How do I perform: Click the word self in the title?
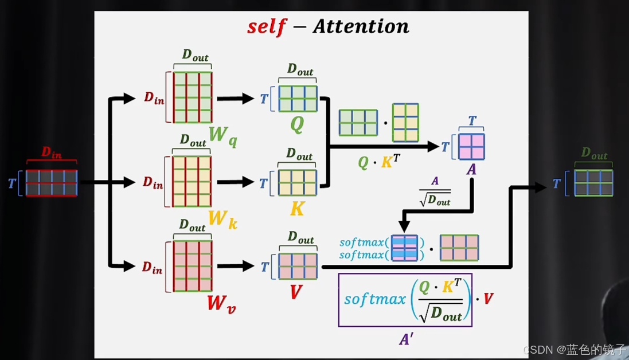[x=266, y=27]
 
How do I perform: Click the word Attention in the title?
[x=361, y=26]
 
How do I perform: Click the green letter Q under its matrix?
[x=297, y=124]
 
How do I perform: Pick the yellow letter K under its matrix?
[x=297, y=209]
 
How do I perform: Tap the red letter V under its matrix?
[x=296, y=292]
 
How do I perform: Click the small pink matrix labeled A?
[x=471, y=147]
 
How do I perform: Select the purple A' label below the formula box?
[x=406, y=339]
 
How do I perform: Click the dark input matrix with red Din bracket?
[x=51, y=182]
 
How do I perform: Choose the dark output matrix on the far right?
[x=593, y=183]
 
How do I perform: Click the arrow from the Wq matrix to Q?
[x=235, y=99]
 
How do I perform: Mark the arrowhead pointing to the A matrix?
[x=434, y=147]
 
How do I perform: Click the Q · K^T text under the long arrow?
[x=379, y=163]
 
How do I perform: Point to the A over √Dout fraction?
[x=435, y=191]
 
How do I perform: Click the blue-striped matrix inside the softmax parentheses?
[x=404, y=248]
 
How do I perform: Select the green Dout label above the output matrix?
[x=594, y=154]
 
